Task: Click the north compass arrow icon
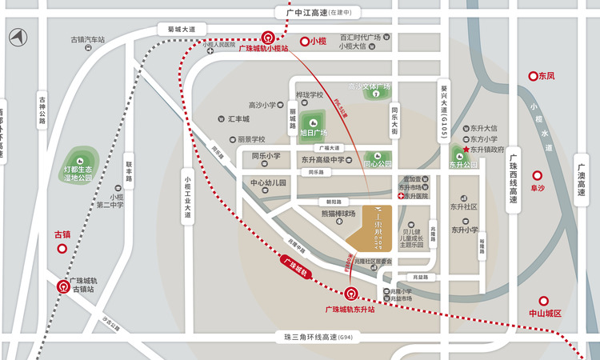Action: tap(17, 37)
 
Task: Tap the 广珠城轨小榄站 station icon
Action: tap(267, 37)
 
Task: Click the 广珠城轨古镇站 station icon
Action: tap(63, 285)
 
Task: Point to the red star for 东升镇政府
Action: tap(466, 150)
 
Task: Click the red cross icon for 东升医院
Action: tap(400, 195)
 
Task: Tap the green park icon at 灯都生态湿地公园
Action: tap(80, 155)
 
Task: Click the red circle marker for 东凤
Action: tap(533, 76)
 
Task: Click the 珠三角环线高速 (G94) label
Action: tap(312, 338)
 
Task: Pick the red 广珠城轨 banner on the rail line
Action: tap(295, 266)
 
